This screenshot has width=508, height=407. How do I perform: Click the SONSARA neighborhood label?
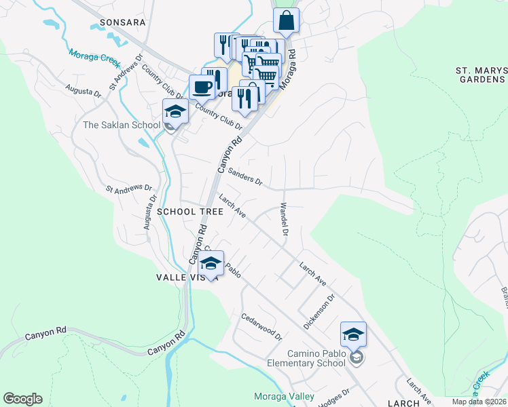[x=123, y=22]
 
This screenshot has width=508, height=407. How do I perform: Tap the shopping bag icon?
[x=286, y=20]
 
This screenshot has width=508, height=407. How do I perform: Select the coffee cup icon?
[x=202, y=88]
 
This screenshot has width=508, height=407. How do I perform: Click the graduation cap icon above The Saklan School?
[x=175, y=111]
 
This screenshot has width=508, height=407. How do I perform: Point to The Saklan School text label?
[x=122, y=125]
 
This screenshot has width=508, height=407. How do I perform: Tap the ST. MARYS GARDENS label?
[x=480, y=75]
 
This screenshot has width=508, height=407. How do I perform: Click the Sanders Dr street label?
[x=244, y=177]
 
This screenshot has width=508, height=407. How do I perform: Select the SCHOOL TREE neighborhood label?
[x=190, y=212]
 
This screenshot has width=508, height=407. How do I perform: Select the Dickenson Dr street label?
[x=319, y=311]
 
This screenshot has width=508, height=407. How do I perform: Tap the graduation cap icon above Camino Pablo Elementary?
[x=353, y=334]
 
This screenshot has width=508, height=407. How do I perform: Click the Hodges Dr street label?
[x=334, y=396]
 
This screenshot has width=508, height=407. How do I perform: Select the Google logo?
[x=22, y=399]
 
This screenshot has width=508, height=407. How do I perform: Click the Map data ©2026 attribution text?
[x=478, y=402]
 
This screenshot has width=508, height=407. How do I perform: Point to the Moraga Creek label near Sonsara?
[x=94, y=58]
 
